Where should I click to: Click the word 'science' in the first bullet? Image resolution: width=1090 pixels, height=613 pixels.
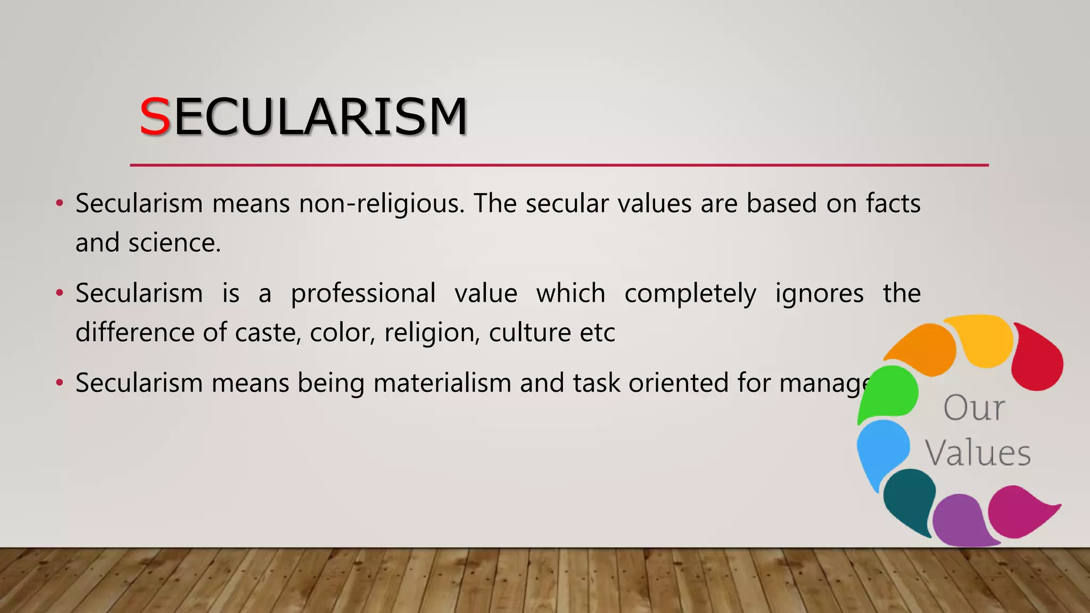pos(174,243)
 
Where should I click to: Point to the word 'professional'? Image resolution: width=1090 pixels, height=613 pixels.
pos(363,294)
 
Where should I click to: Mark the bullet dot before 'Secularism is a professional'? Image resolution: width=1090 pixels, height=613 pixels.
pos(60,293)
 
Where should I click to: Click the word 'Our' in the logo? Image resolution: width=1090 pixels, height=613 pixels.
pos(974,409)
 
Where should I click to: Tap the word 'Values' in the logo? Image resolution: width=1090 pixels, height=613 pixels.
pos(978,453)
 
